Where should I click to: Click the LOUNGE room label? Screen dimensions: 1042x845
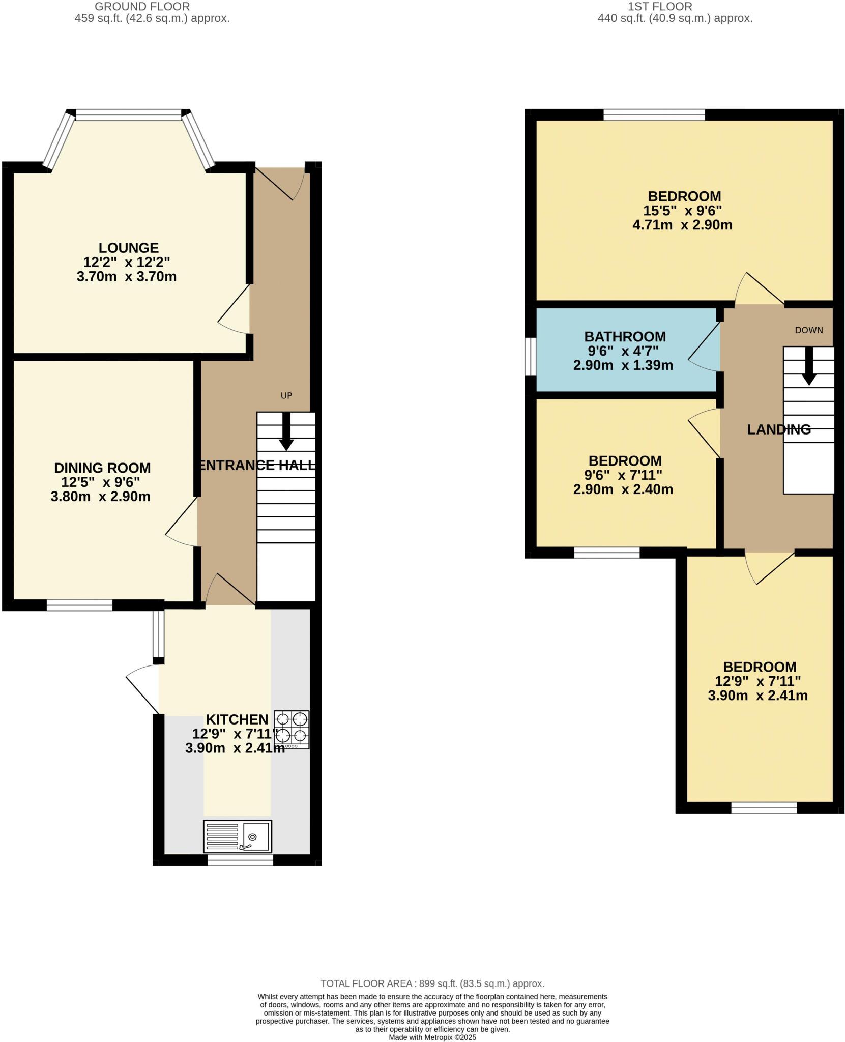click(x=128, y=248)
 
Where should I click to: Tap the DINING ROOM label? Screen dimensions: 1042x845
click(x=102, y=468)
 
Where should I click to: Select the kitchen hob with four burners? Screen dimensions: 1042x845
click(x=292, y=729)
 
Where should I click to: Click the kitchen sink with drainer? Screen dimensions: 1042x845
click(x=237, y=836)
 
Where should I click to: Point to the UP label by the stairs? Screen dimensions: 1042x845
click(x=286, y=395)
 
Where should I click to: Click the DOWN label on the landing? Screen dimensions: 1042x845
click(x=808, y=330)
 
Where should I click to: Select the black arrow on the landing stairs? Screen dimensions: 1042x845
click(x=809, y=366)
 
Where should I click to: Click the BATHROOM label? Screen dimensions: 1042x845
click(x=625, y=336)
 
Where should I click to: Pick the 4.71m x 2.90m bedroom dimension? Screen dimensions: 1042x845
click(x=682, y=225)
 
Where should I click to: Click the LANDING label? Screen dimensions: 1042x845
click(x=778, y=429)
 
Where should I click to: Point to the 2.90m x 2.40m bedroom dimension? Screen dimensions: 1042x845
click(x=623, y=489)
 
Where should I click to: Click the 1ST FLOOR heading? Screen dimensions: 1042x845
click(x=660, y=7)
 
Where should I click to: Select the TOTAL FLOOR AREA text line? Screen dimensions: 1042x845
click(x=432, y=983)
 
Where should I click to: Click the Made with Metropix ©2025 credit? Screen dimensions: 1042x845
click(x=432, y=1037)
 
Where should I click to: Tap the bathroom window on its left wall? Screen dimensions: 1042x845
click(x=530, y=356)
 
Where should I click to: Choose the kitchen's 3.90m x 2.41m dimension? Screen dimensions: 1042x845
click(x=235, y=748)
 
